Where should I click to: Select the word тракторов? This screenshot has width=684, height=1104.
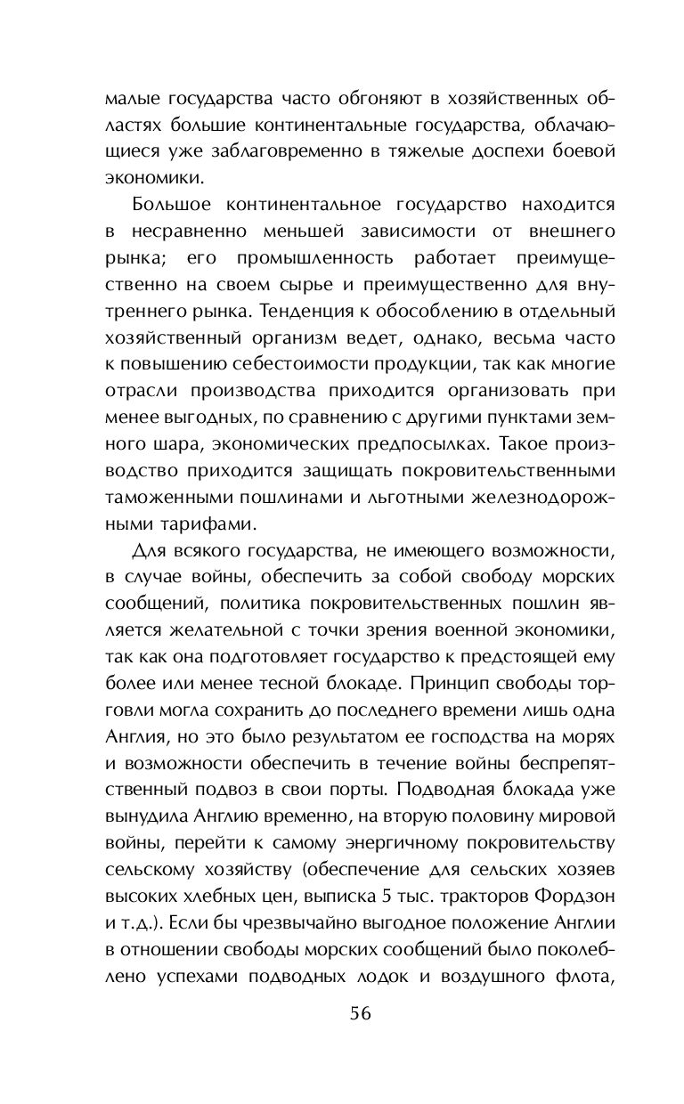point(468,894)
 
